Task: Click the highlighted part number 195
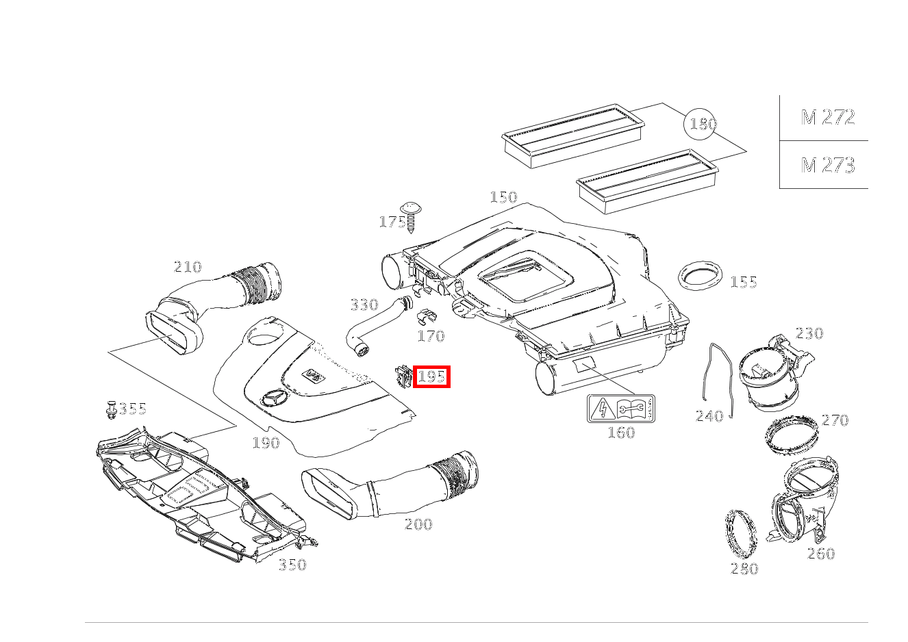tap(431, 376)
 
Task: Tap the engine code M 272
tap(828, 118)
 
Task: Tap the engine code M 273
tap(828, 165)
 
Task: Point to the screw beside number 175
tap(411, 217)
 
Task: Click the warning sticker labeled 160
tap(620, 409)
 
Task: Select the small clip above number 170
tap(427, 316)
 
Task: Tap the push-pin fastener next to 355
tap(111, 410)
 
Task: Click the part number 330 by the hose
tap(364, 305)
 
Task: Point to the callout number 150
tap(503, 197)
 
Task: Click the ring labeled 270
tap(792, 435)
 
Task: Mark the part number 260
tap(821, 553)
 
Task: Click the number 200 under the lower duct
tap(418, 524)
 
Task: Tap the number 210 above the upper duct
tap(187, 267)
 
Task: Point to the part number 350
tap(292, 565)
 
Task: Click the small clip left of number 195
tap(403, 376)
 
